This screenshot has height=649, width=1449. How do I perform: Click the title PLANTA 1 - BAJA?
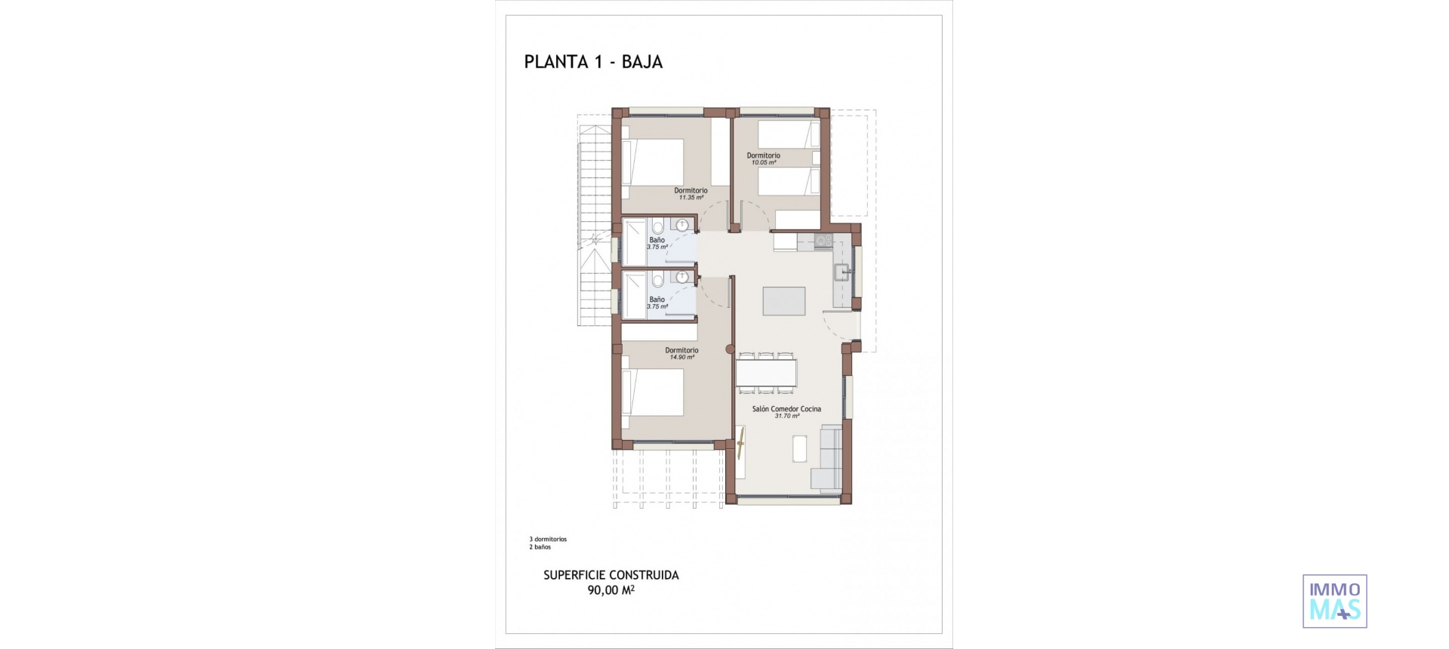click(593, 62)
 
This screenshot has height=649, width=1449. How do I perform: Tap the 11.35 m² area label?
click(691, 198)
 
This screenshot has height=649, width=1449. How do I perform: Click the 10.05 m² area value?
click(763, 162)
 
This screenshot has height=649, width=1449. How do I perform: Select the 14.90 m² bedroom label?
click(681, 357)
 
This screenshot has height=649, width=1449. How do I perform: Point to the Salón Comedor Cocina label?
click(786, 409)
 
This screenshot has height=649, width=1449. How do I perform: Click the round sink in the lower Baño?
click(682, 277)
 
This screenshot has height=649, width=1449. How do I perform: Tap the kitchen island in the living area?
click(784, 300)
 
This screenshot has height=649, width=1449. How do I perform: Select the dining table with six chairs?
click(766, 372)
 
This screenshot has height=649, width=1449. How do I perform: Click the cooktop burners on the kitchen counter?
click(823, 241)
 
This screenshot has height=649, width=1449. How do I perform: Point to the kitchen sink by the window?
click(840, 272)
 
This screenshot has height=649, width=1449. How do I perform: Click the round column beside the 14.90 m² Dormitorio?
click(729, 349)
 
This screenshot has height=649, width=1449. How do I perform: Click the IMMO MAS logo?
click(1334, 601)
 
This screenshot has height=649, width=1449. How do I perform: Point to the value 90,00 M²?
click(611, 590)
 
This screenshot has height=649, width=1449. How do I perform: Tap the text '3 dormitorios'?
click(548, 540)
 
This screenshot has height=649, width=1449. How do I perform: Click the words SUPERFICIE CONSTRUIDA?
click(611, 575)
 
